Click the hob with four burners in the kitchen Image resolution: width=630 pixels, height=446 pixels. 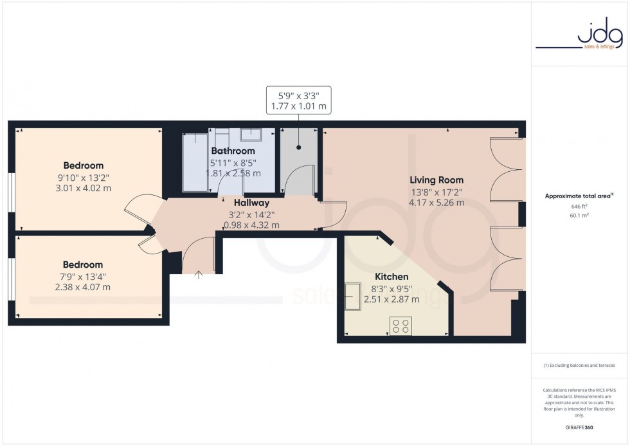coord(402,326)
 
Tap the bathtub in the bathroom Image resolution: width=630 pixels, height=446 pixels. coord(195,162)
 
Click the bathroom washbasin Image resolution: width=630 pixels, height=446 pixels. coord(250,135)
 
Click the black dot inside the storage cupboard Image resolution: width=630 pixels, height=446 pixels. coord(299,147)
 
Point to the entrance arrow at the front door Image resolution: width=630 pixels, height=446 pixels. coord(198,275)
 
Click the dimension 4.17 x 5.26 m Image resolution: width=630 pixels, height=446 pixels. coord(437,203)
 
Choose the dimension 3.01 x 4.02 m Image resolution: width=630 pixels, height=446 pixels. coord(84,189)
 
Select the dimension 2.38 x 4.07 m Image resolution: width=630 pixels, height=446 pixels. coord(83,287)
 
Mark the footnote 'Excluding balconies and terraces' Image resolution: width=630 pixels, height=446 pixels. coord(579,365)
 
